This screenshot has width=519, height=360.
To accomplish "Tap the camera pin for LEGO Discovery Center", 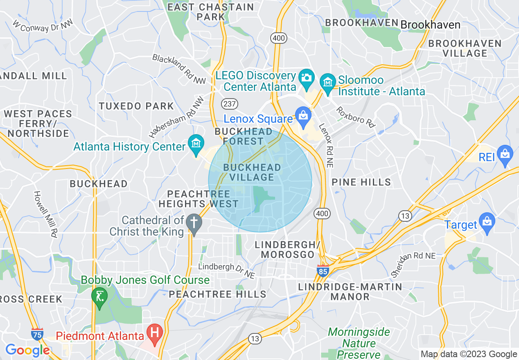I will [x=306, y=78].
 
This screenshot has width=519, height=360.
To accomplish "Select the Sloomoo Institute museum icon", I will [x=327, y=82].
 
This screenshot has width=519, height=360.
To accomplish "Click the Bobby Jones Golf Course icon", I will [x=99, y=295].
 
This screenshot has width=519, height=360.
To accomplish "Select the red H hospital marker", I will [x=155, y=332].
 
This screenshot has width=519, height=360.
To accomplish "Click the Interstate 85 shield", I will [x=323, y=270].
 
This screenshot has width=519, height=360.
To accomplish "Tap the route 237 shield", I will [x=230, y=103].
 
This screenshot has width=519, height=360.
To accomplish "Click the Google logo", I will [x=27, y=350].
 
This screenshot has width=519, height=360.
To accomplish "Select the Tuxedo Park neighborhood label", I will [x=136, y=106].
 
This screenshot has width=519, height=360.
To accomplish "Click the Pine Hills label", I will [x=361, y=182].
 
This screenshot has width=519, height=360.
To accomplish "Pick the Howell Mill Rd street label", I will [x=45, y=214].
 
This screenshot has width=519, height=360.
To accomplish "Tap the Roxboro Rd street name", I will [x=356, y=117].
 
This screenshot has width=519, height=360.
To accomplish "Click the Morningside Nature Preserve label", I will [x=359, y=343].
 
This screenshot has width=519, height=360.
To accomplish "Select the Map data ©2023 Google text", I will [x=469, y=354].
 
